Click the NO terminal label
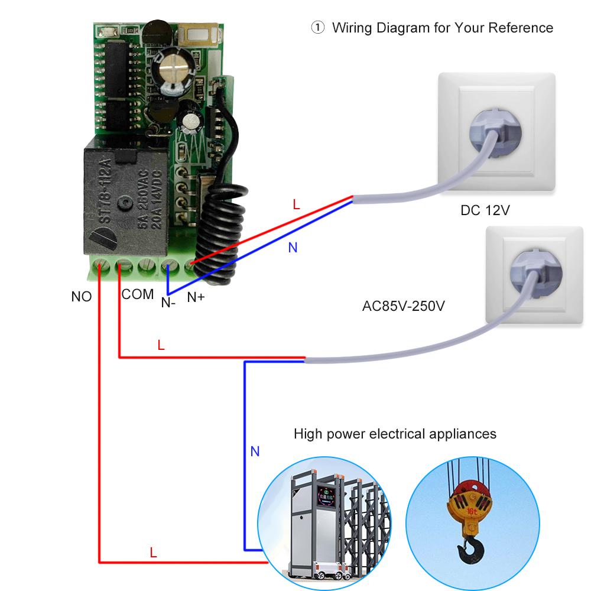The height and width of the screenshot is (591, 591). point(82,297)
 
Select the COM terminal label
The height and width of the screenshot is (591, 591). point(138,294)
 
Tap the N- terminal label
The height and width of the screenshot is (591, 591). point(168,303)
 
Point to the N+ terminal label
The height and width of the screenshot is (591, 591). point(196,297)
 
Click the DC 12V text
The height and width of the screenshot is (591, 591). point(485,211)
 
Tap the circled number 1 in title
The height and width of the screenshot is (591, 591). point(318,28)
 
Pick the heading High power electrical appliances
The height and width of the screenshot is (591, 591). point(395,434)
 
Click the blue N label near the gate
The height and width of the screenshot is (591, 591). point(255,452)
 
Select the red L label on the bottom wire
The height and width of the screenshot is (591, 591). point(153,553)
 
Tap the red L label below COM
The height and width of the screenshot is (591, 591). point(161,345)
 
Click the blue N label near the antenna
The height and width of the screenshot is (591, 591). point(293,248)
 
